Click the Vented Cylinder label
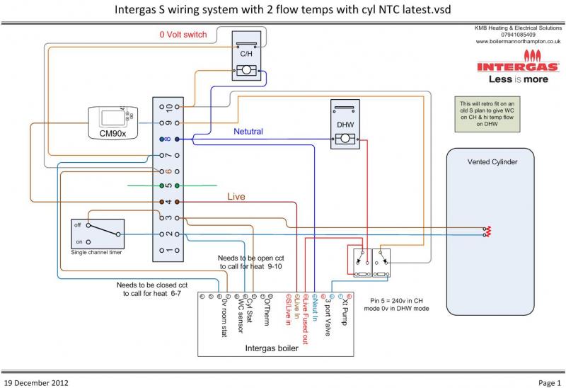coord(492,162)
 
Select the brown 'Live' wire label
coord(236,195)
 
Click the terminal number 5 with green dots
coord(169,186)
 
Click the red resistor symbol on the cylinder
coord(486,231)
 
